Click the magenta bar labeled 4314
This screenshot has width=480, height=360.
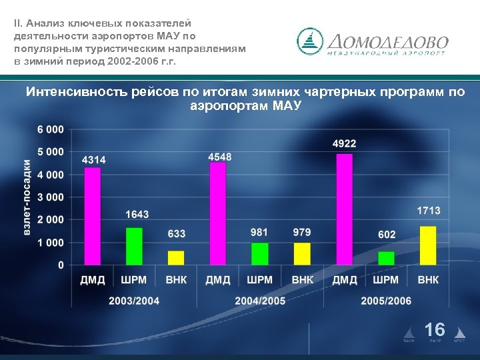point(93,216)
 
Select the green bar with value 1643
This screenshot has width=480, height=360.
point(135,247)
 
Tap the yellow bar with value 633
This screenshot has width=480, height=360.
point(176,258)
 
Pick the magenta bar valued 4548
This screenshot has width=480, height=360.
point(218,213)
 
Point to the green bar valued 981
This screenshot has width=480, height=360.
point(259,254)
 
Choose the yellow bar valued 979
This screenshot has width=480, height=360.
point(302,254)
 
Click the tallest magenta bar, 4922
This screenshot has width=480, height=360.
point(344,209)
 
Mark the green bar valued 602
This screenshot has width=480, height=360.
point(386,258)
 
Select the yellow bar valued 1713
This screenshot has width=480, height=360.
point(428,245)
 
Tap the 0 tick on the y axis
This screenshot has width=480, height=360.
point(61,265)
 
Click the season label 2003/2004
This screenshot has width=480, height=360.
point(134,301)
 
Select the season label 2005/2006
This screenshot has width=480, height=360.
point(386,301)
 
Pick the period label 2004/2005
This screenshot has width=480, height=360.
point(260,301)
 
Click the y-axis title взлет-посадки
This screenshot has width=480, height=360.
point(27,197)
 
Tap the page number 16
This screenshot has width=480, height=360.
point(435,329)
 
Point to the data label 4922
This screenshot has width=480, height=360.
point(344,143)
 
